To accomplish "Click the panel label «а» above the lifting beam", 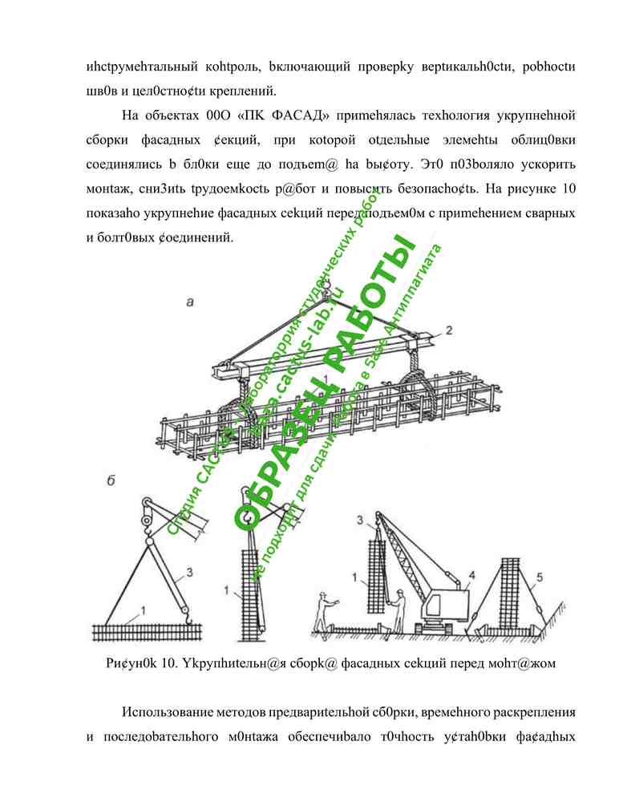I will [x=189, y=302].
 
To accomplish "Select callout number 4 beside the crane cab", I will [x=472, y=573].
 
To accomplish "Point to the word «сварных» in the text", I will [x=551, y=215].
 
